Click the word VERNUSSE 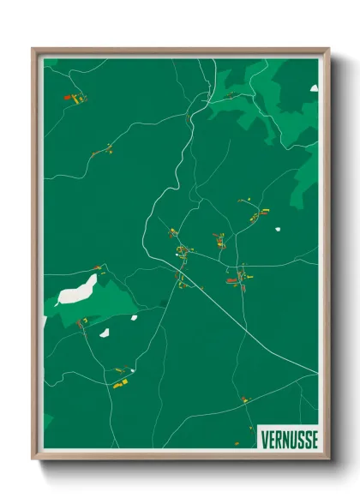(x=289, y=439)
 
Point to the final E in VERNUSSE (x=314, y=439)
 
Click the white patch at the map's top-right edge (x=314, y=87)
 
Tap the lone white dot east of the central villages (x=278, y=229)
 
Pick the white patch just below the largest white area (x=105, y=333)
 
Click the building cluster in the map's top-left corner (x=77, y=99)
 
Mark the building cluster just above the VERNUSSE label (x=245, y=399)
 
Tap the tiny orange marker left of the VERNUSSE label (x=238, y=443)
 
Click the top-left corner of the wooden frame (x=33, y=50)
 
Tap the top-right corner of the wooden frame (x=328, y=50)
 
